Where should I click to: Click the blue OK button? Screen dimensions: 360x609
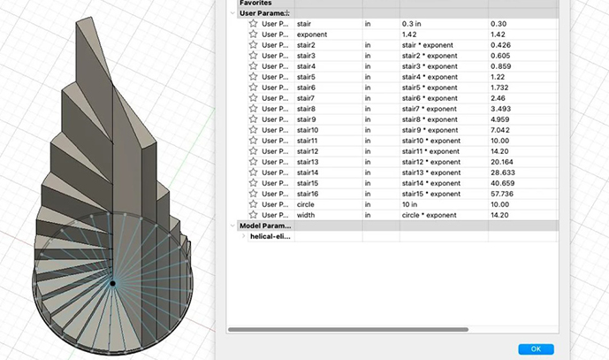click(536, 349)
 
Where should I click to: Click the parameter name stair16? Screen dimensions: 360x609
click(308, 194)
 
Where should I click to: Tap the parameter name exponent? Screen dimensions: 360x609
click(312, 34)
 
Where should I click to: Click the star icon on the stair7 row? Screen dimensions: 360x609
click(253, 97)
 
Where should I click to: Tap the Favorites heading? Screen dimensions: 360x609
click(255, 4)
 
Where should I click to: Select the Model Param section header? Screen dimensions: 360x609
click(258, 225)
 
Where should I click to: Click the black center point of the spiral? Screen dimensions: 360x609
click(113, 283)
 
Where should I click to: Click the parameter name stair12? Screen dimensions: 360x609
click(308, 151)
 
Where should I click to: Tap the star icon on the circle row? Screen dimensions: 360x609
click(253, 203)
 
